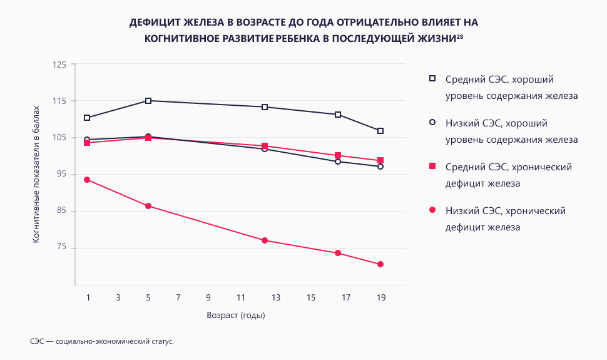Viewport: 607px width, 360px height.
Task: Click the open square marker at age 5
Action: tap(148, 101)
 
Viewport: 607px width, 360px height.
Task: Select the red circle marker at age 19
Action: tap(380, 264)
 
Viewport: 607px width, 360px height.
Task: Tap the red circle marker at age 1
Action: tap(87, 180)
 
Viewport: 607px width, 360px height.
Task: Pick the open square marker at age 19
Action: tap(380, 131)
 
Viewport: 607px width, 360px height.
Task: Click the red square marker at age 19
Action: tap(380, 161)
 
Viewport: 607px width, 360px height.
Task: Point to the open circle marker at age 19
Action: tap(380, 167)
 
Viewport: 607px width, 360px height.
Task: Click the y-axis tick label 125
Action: tap(59, 64)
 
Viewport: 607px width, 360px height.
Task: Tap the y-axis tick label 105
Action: tap(59, 138)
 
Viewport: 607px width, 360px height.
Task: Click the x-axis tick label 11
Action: tap(241, 297)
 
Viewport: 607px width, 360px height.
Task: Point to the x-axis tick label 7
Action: tap(178, 297)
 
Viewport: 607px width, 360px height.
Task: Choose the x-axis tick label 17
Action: tap(345, 297)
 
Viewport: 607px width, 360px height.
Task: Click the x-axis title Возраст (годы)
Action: tap(236, 315)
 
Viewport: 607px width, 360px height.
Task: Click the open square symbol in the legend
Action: tap(432, 79)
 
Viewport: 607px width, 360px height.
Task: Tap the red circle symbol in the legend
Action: tap(432, 210)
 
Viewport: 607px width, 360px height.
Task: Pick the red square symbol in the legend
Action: tap(432, 167)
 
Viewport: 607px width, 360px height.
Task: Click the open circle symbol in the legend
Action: tap(432, 123)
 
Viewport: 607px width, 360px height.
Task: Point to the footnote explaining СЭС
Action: tap(101, 342)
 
